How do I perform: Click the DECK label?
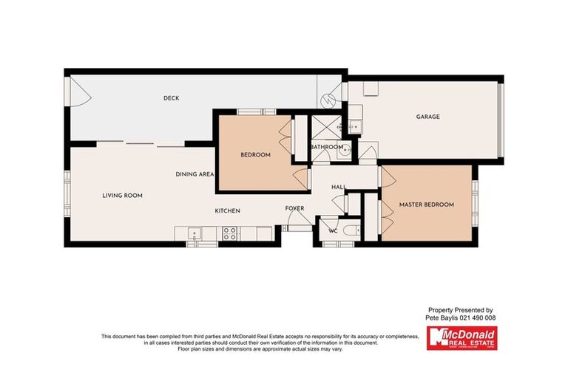tap(172, 98)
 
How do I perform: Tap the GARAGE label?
tap(427, 117)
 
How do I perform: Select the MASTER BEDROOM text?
tap(426, 204)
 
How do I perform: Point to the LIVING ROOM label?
tap(122, 196)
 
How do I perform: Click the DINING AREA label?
tap(195, 174)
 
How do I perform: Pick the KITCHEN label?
tap(228, 211)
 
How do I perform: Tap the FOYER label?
tap(295, 208)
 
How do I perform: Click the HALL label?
tap(339, 187)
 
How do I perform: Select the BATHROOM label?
tap(326, 147)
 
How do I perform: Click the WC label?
tap(333, 230)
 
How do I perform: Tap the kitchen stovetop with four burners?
tap(230, 234)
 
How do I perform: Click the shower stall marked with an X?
tap(323, 127)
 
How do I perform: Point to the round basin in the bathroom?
tap(347, 145)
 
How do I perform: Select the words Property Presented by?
tap(461, 310)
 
